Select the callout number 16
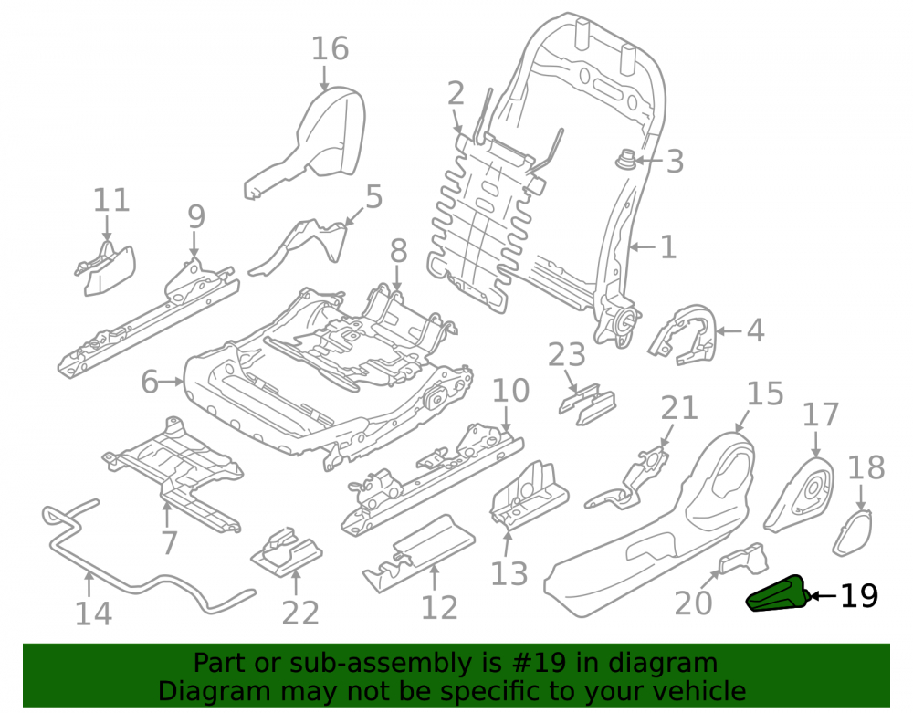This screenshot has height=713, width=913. click(x=331, y=48)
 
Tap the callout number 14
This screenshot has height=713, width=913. click(x=94, y=613)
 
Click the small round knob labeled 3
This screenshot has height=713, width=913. click(x=626, y=159)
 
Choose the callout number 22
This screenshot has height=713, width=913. click(x=300, y=613)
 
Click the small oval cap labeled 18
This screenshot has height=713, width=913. click(x=854, y=532)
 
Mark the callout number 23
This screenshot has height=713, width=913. click(x=567, y=354)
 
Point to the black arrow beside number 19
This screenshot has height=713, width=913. click(x=824, y=595)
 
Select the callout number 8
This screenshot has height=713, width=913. click(x=398, y=251)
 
